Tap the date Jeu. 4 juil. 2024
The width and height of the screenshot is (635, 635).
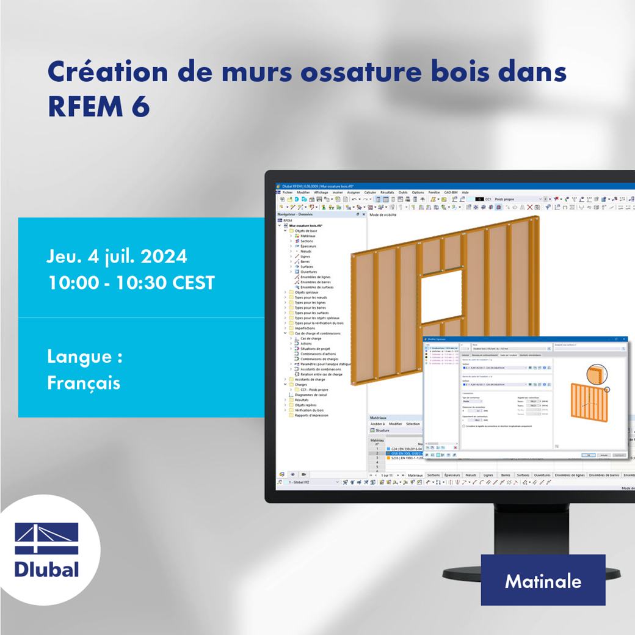pyautogui.click(x=117, y=256)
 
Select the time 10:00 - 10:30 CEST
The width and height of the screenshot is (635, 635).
pyautogui.click(x=131, y=283)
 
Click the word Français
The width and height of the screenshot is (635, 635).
pyautogui.click(x=84, y=383)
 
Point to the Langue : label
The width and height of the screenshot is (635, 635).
pyautogui.click(x=84, y=357)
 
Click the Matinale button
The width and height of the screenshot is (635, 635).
pyautogui.click(x=543, y=581)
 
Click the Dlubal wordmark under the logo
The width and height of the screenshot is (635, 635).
pyautogui.click(x=47, y=569)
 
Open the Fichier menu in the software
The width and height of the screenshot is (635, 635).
pyautogui.click(x=288, y=192)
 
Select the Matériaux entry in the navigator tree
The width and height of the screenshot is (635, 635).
pyautogui.click(x=308, y=236)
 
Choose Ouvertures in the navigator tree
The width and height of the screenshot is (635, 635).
pyautogui.click(x=309, y=272)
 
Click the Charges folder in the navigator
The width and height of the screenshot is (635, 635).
pyautogui.click(x=301, y=385)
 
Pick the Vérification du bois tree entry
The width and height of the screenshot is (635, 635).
pyautogui.click(x=309, y=410)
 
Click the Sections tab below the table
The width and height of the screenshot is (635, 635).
pyautogui.click(x=434, y=474)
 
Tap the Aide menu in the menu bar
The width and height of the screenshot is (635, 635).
pyautogui.click(x=465, y=192)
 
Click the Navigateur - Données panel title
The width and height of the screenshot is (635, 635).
pyautogui.click(x=295, y=214)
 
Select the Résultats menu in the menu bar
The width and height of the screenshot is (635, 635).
pyautogui.click(x=387, y=192)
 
